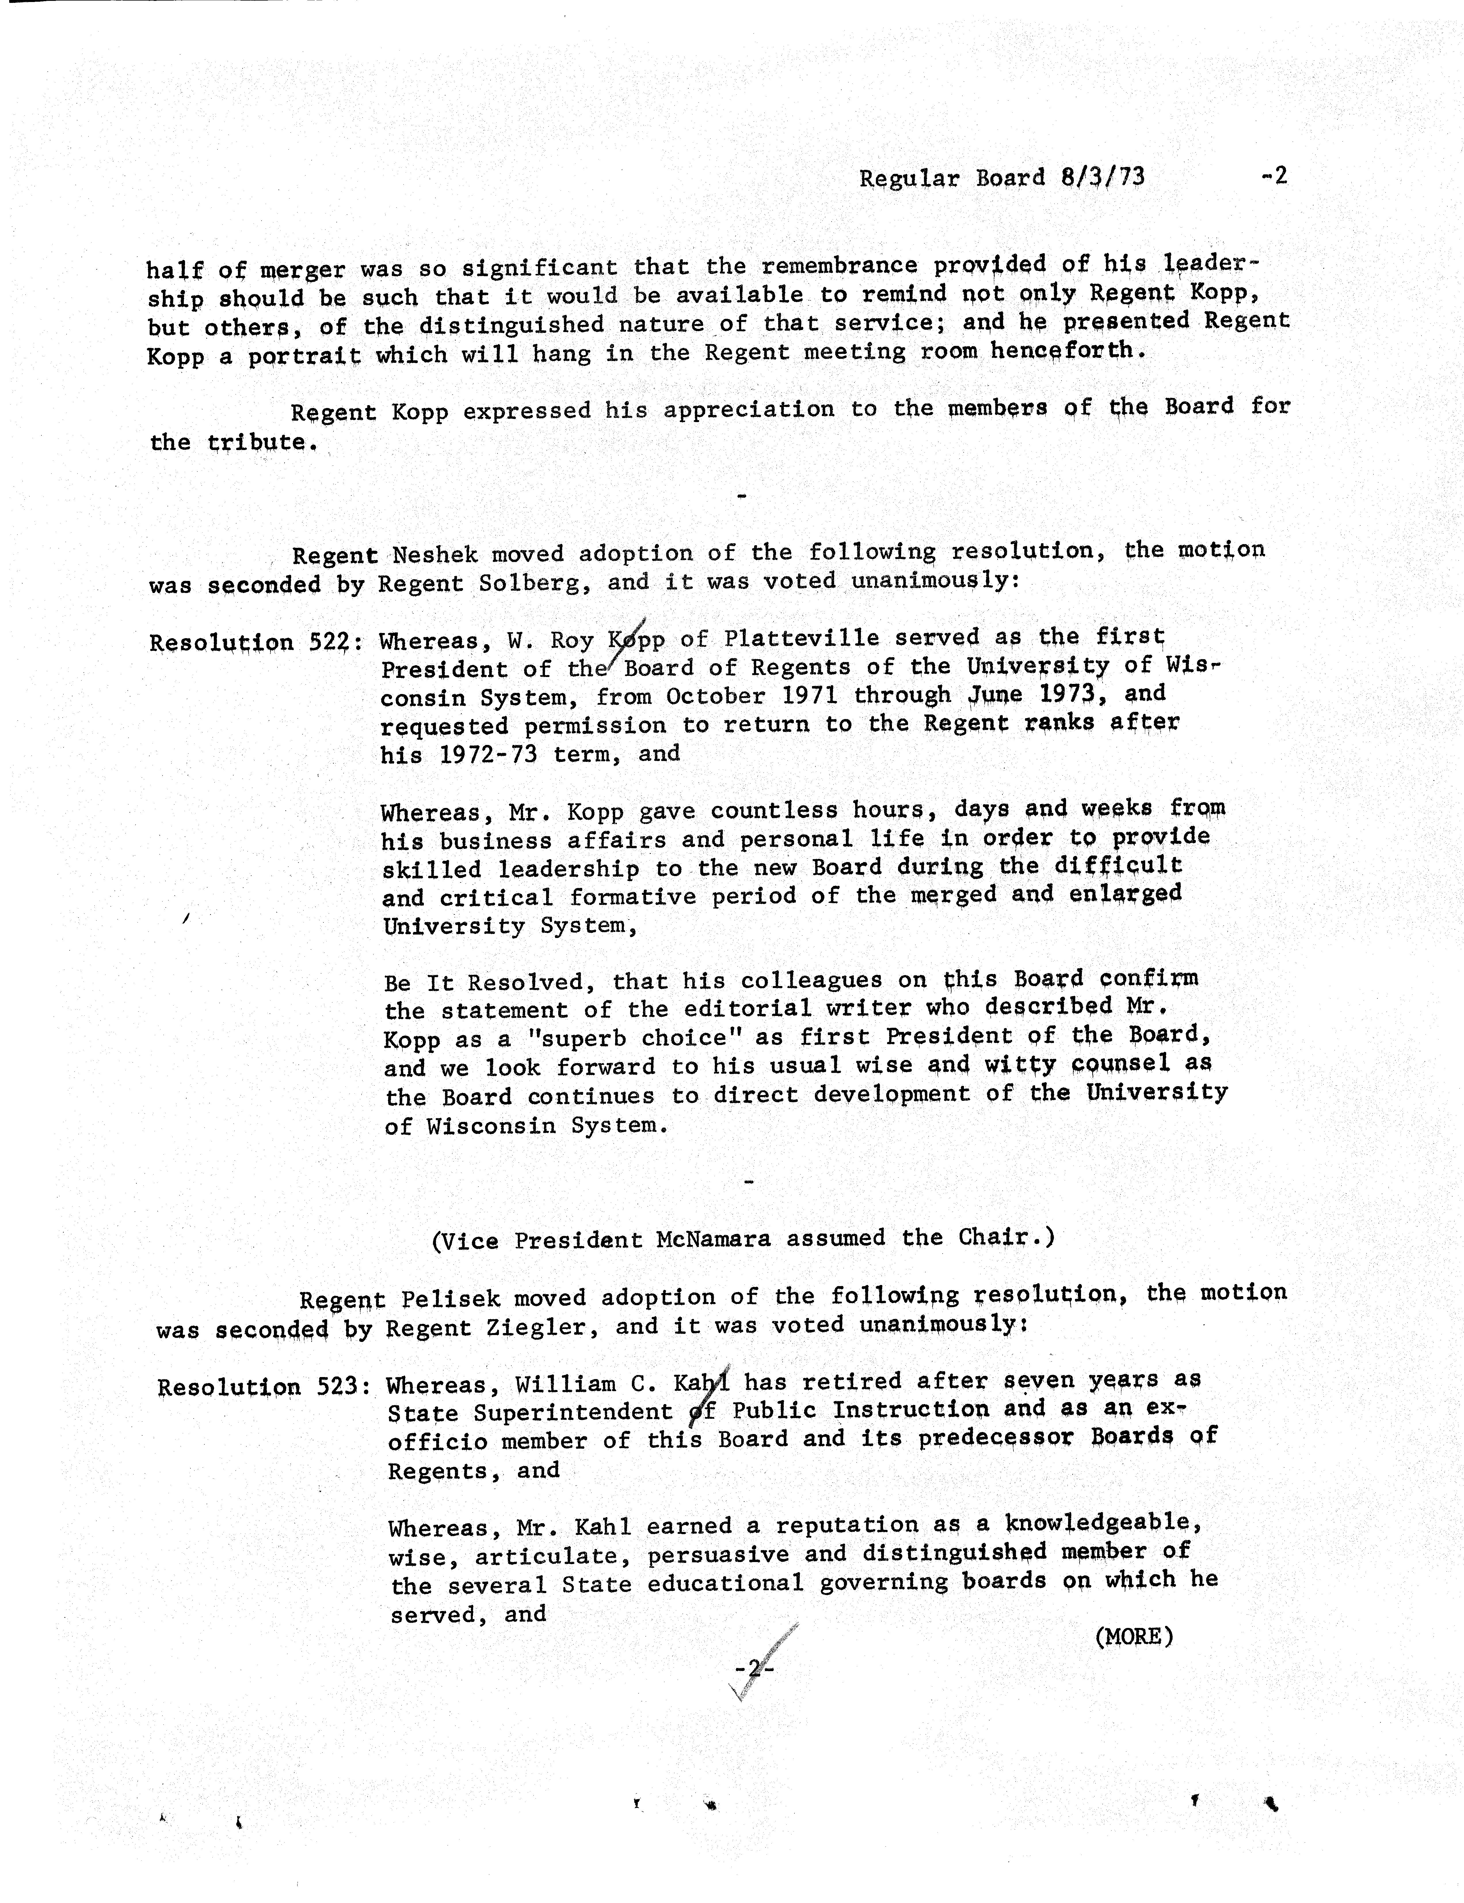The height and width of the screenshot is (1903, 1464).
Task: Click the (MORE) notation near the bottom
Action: [1133, 1636]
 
